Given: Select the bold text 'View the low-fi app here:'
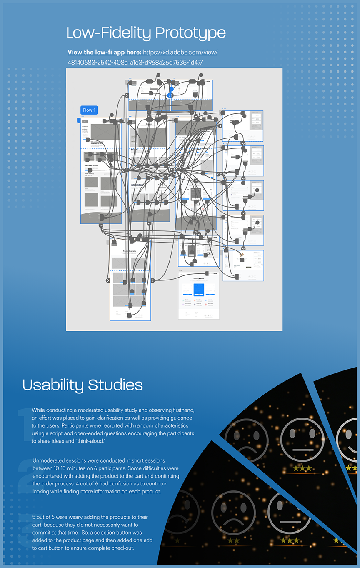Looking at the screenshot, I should (104, 53).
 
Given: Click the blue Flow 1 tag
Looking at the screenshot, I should (89, 110).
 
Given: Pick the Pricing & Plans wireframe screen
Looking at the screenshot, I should (199, 295).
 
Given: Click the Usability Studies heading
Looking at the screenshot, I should (82, 385).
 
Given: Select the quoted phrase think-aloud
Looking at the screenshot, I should (91, 441).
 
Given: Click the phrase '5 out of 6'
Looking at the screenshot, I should (46, 517).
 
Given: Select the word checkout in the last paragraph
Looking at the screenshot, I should (121, 548).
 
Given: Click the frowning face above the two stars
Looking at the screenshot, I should (233, 512).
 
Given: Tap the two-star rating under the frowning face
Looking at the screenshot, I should (234, 540).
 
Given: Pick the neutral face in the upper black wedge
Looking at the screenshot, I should (302, 440).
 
